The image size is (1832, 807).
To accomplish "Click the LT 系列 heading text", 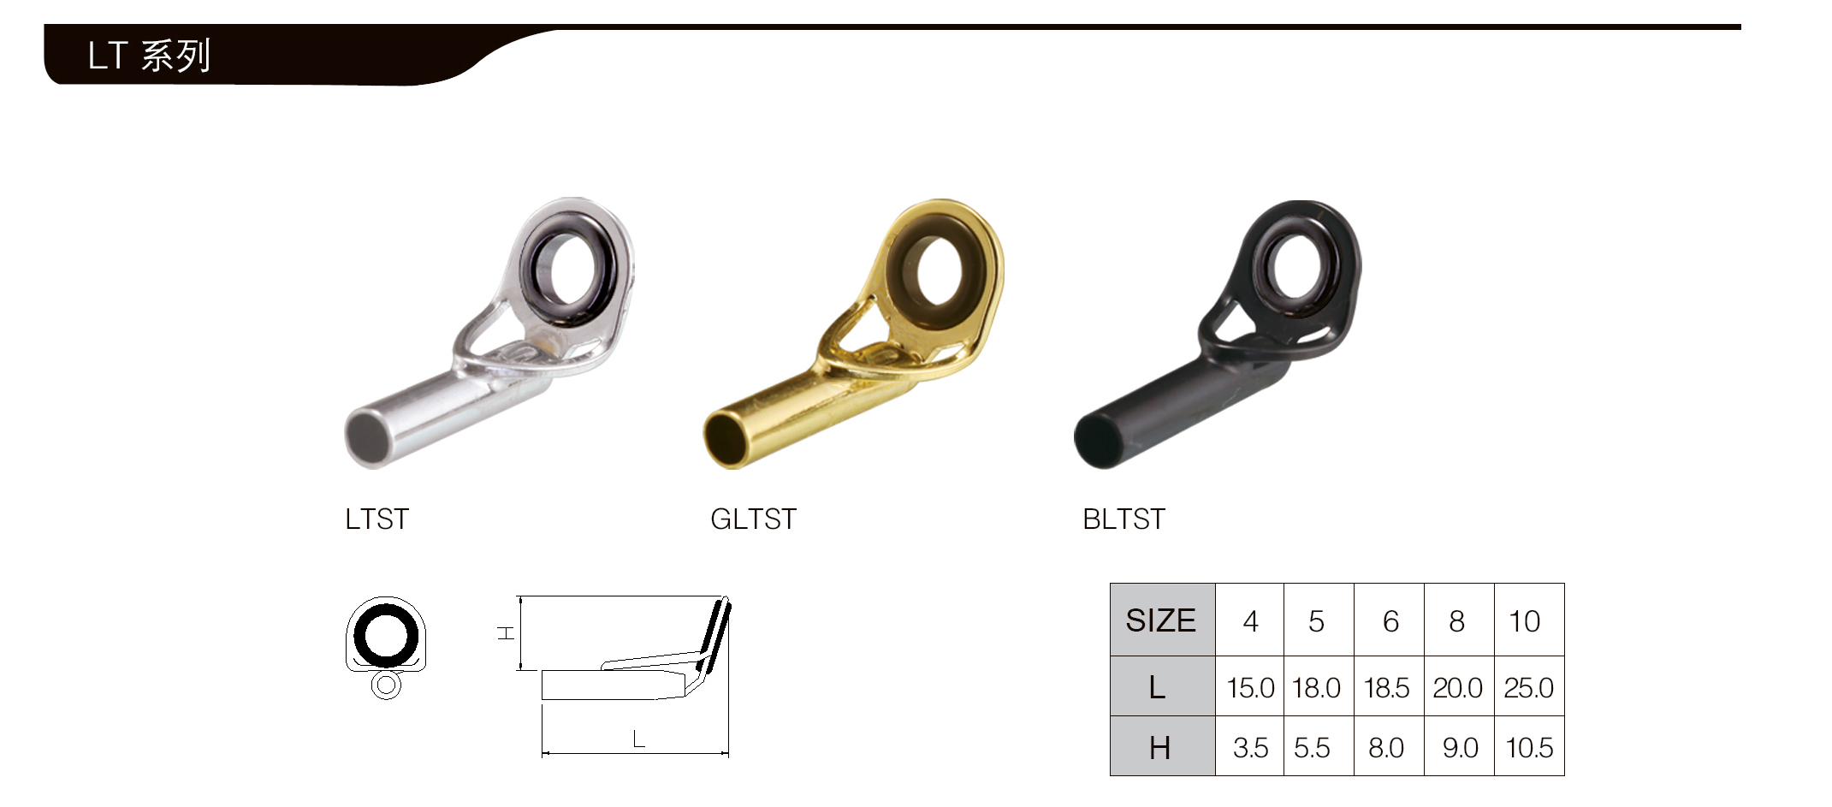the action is click(x=149, y=56).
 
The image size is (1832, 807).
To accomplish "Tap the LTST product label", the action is click(x=377, y=519).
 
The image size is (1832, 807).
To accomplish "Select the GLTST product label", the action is click(x=753, y=519).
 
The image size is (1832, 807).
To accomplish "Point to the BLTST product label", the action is click(x=1124, y=519).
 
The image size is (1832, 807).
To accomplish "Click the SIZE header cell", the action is click(x=1162, y=620).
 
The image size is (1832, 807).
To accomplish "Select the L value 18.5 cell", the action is click(x=1388, y=687).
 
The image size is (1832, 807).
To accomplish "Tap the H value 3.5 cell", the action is click(x=1250, y=747).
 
